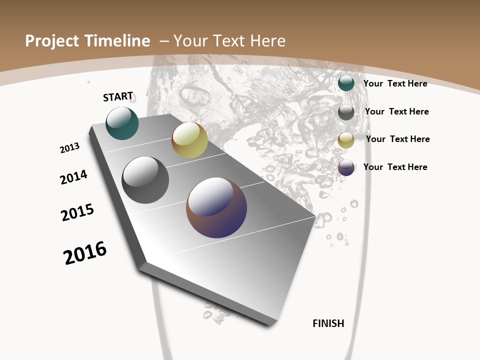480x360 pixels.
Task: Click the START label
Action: click(118, 96)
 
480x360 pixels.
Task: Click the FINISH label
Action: click(328, 323)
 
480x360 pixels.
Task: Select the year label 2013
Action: click(70, 148)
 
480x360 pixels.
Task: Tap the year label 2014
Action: click(74, 177)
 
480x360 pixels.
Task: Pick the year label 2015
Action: click(77, 212)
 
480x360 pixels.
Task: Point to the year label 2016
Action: click(85, 253)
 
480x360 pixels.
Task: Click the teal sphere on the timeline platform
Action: click(122, 123)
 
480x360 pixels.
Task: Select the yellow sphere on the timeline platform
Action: click(189, 140)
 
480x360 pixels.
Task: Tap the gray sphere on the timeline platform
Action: click(145, 180)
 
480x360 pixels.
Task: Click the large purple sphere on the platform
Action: click(216, 207)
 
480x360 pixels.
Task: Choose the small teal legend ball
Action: click(346, 83)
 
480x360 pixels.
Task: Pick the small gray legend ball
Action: click(346, 112)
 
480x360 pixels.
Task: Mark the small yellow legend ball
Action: click(346, 140)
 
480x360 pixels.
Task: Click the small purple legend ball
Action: click(346, 167)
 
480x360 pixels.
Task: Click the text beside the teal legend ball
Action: click(395, 83)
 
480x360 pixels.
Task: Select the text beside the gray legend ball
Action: click(396, 111)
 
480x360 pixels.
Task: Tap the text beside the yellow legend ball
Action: click(397, 139)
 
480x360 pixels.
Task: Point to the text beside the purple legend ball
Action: click(395, 167)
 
